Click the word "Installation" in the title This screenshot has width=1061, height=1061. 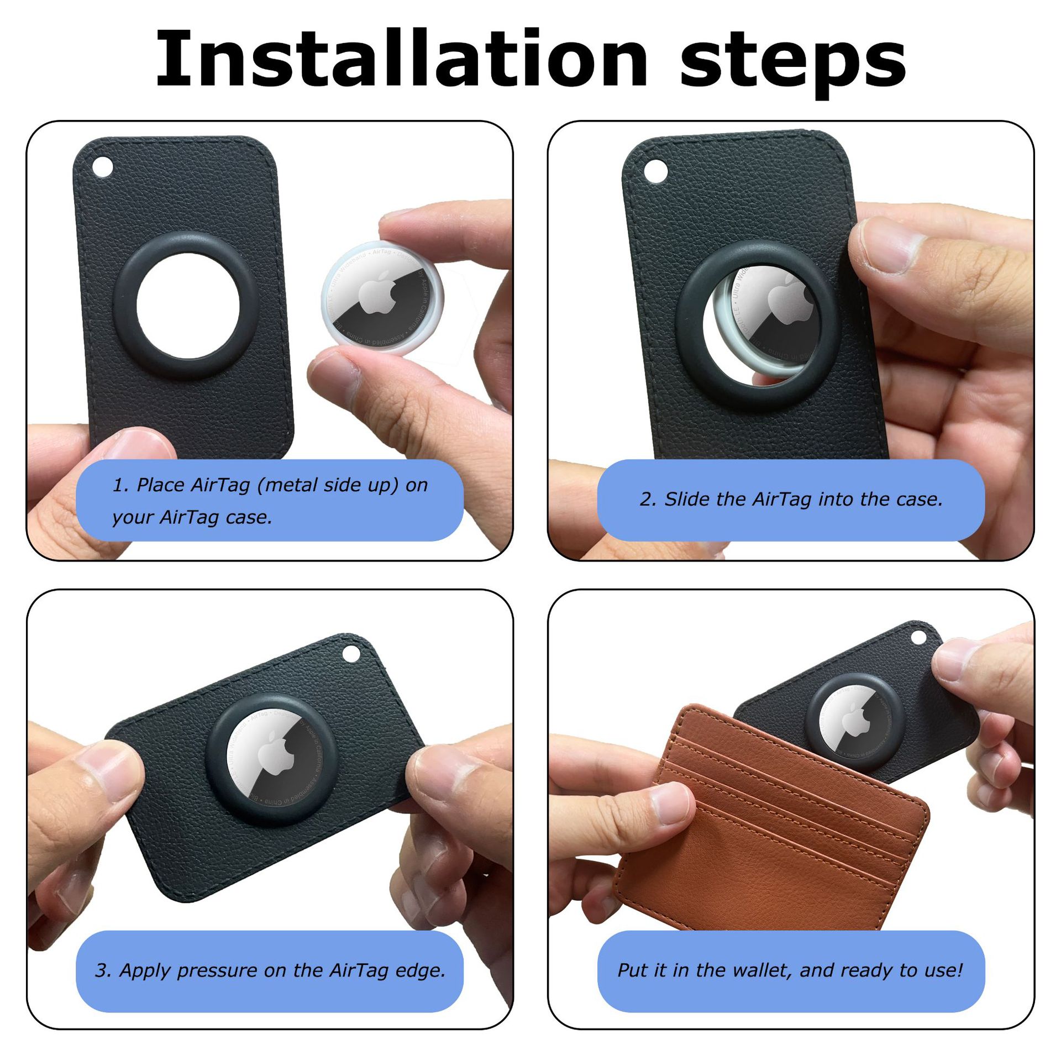(x=401, y=60)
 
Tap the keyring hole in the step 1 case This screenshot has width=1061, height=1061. (x=102, y=166)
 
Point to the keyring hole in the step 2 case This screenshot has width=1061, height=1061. (x=655, y=171)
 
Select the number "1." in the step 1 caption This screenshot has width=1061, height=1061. (x=120, y=485)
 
